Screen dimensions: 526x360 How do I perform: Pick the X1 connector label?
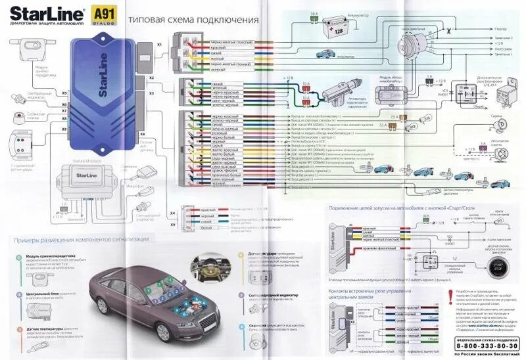[159, 44]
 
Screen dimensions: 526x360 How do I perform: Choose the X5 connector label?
[64, 94]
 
